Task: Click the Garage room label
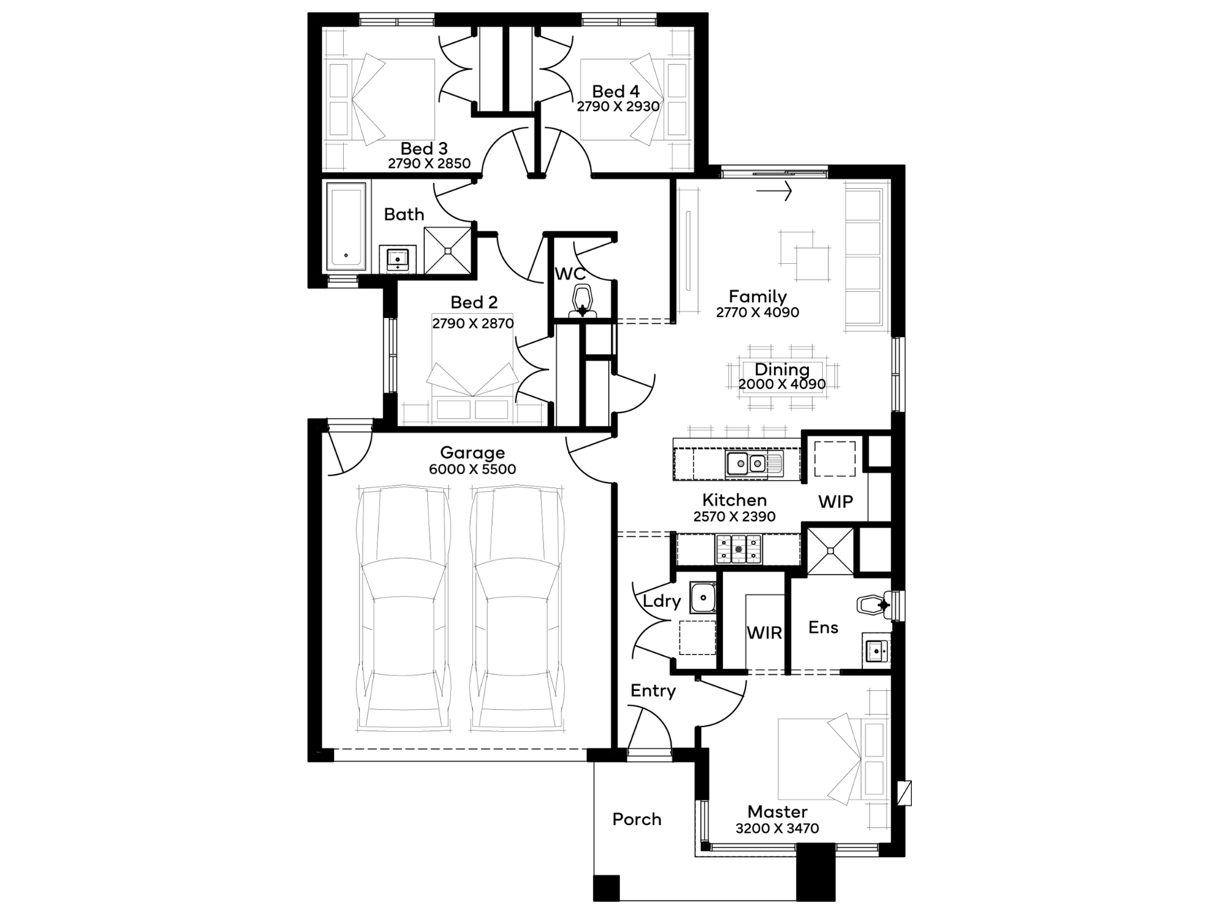coord(472,453)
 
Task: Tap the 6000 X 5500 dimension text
coord(472,469)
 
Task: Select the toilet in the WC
coord(582,302)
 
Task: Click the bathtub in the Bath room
coord(346,226)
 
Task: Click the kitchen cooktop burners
coord(739,549)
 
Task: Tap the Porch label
coord(637,820)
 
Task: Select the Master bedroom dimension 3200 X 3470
coord(777,829)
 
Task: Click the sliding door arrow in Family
coord(774,191)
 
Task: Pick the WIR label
coord(764,633)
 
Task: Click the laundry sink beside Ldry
coord(703,597)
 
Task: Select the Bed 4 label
coord(616,91)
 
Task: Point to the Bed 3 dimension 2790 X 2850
coord(429,163)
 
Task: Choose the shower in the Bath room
coord(448,250)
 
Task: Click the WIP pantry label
coord(835,502)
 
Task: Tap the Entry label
coord(653,691)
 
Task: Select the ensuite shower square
coord(830,551)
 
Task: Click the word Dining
coord(782,370)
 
